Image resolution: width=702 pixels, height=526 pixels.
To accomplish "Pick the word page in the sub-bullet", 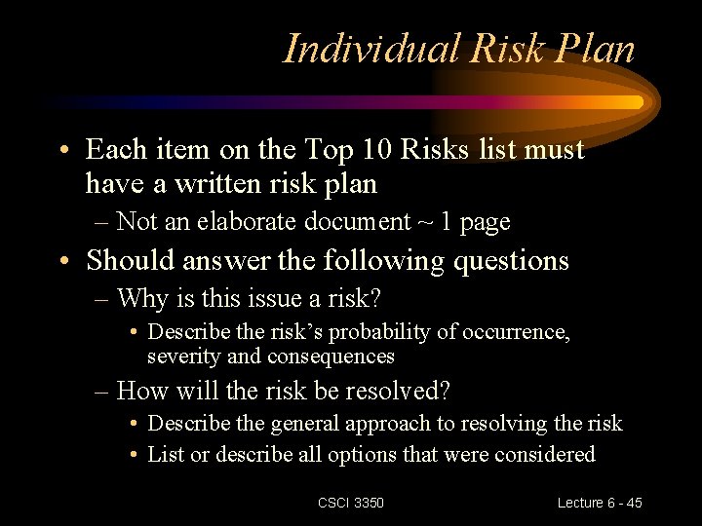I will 485,223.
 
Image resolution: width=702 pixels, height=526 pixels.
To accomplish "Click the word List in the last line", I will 163,454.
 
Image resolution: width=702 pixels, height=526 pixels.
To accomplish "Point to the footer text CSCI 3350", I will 351,503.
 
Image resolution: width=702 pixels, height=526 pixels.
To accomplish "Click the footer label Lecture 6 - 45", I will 600,503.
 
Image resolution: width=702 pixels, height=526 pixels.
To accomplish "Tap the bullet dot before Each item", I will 63,151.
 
